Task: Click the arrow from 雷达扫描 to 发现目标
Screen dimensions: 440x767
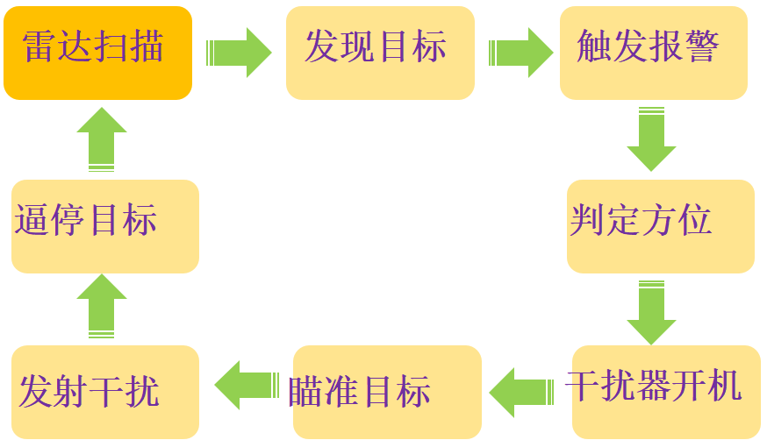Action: (239, 53)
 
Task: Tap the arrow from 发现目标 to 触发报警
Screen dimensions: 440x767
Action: (520, 53)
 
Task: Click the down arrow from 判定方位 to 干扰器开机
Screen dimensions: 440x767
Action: (651, 311)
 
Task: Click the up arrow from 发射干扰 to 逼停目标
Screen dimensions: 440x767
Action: (102, 305)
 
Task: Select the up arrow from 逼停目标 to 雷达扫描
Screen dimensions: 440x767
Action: (102, 138)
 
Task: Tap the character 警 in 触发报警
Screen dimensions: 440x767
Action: (703, 46)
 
